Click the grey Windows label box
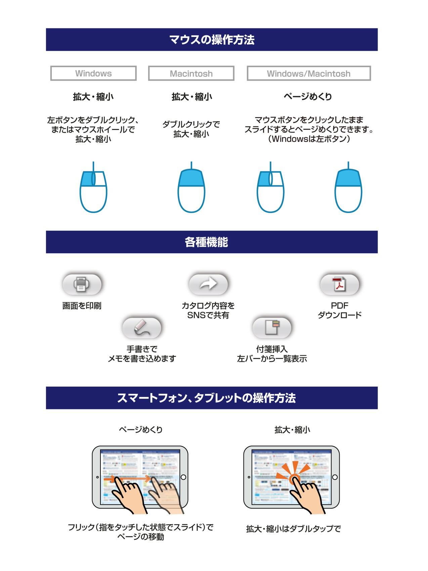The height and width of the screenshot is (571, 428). (x=93, y=73)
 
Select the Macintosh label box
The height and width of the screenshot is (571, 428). (x=191, y=73)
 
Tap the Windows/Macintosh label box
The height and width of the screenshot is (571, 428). (x=308, y=73)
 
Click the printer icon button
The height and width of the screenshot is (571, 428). (x=82, y=284)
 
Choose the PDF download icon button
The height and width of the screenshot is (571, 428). (x=339, y=284)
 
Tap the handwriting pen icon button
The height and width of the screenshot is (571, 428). (x=141, y=328)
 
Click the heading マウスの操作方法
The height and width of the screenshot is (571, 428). (x=212, y=40)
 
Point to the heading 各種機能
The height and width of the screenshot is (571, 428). (x=206, y=242)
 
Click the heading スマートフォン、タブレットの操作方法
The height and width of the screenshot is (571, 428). (x=206, y=398)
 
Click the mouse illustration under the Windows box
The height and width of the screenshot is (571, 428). (x=93, y=190)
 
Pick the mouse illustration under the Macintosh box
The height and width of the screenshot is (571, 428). (x=191, y=190)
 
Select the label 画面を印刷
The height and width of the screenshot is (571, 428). (x=82, y=306)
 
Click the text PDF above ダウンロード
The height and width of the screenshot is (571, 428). (x=339, y=306)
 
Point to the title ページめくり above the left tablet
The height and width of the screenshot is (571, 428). (x=140, y=430)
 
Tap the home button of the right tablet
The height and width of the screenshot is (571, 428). (x=335, y=477)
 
